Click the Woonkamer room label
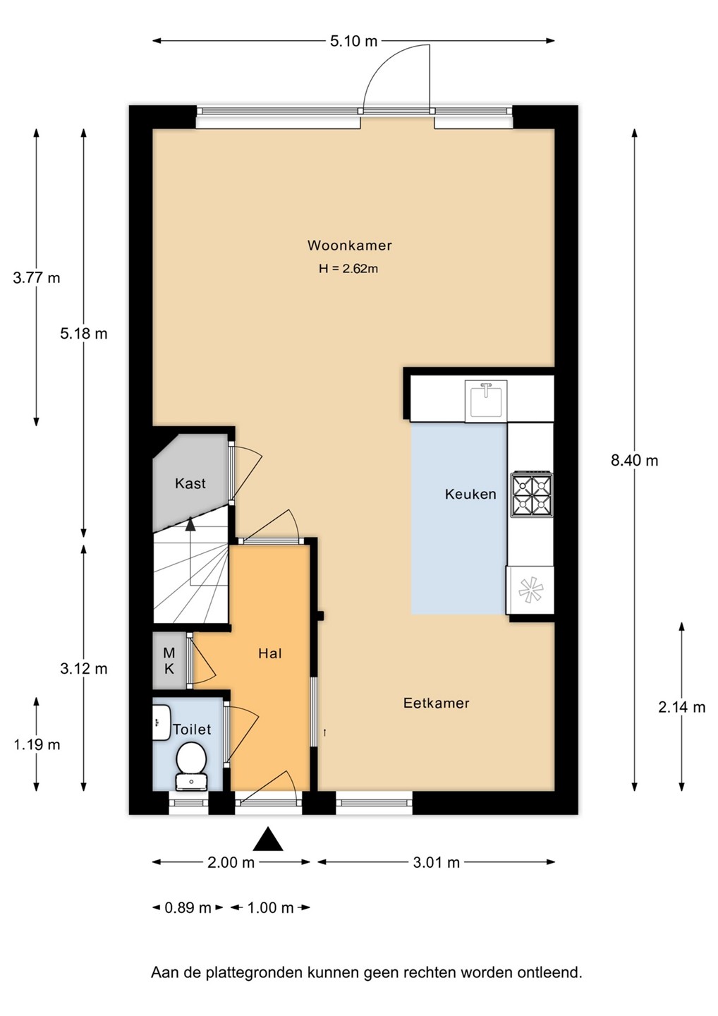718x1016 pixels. pos(350,246)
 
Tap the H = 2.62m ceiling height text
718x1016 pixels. pos(348,269)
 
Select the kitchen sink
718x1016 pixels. pos(486,401)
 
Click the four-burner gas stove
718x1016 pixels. pos(532,495)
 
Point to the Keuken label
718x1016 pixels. pos(470,494)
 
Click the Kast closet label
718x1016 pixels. pos(190,483)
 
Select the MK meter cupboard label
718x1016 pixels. pos(169,661)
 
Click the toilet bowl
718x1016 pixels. pos(191,758)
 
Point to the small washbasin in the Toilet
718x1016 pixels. pos(161,722)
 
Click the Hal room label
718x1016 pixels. pos(270,653)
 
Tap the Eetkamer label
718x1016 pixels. pos(436,703)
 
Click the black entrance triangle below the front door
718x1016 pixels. pos(268,839)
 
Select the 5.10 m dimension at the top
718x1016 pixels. pos(353,41)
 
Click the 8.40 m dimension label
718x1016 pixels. pos(634,461)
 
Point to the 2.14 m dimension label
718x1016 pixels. pos(682,707)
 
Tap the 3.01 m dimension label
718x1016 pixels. pos(436,862)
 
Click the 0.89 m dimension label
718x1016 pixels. pos(188,907)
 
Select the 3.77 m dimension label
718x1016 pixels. pos(37,277)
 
